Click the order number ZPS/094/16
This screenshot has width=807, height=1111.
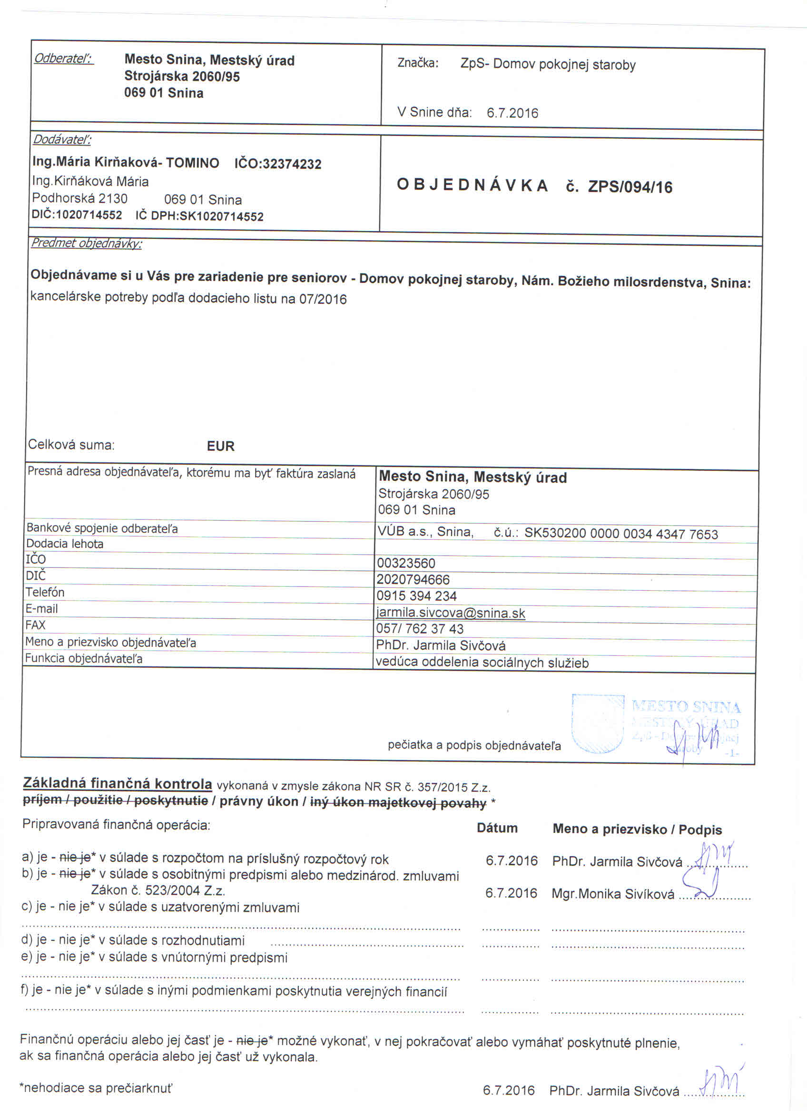point(630,186)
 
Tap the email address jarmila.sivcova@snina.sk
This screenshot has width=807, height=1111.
point(450,613)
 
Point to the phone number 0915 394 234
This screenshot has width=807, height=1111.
point(416,596)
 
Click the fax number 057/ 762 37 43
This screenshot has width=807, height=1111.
point(419,629)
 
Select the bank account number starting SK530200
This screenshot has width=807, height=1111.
point(621,534)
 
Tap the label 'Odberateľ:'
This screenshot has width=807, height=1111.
point(63,59)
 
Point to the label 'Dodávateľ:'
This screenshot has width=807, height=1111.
point(62,140)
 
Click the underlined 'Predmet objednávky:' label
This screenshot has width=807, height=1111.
point(86,243)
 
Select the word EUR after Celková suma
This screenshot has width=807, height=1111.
point(220,446)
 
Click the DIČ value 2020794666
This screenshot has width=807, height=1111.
point(413,579)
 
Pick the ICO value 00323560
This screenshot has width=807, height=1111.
point(406,563)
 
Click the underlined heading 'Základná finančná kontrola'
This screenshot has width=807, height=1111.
point(118,783)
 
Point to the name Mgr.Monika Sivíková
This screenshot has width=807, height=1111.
point(612,894)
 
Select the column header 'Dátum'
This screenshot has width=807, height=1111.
point(497,828)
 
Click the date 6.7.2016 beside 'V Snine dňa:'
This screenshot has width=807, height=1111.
point(512,113)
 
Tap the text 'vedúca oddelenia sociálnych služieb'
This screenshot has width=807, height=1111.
point(482,663)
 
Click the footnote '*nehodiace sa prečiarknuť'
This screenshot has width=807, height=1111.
point(96,1088)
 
